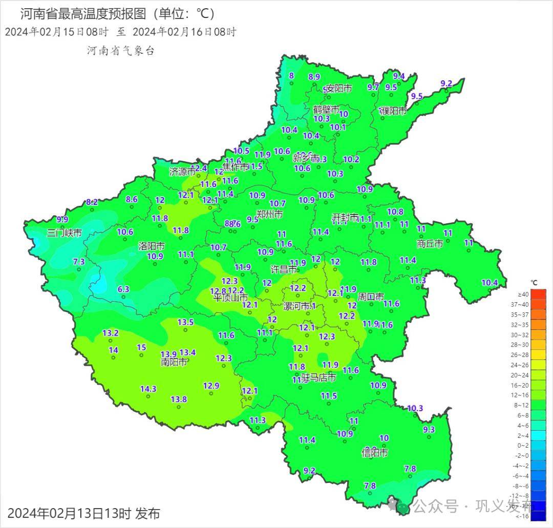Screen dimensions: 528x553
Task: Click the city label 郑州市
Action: tap(270, 214)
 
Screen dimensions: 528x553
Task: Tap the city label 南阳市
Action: tap(174, 362)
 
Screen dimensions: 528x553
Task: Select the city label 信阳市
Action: tap(375, 453)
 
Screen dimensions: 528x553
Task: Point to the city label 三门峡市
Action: tap(65, 233)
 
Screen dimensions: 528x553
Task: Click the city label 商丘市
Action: tap(430, 244)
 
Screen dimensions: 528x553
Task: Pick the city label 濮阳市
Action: tap(393, 111)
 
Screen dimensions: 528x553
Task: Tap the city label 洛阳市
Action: tap(152, 246)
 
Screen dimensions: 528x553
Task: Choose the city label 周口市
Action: tap(371, 297)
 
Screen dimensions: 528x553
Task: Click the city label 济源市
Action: tap(182, 172)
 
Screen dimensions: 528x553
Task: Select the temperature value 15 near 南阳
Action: tap(141, 347)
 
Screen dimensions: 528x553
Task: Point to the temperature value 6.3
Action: tap(123, 289)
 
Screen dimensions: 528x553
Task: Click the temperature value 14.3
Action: tap(148, 389)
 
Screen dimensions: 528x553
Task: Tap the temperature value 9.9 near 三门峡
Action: tap(62, 219)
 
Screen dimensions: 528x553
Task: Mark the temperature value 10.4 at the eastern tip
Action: tap(490, 283)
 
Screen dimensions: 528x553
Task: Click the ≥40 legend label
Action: tap(523, 294)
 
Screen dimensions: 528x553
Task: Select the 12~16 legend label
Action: tap(522, 395)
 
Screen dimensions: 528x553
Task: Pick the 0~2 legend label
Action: tap(522, 446)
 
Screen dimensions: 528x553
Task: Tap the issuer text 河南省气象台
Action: tap(120, 51)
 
